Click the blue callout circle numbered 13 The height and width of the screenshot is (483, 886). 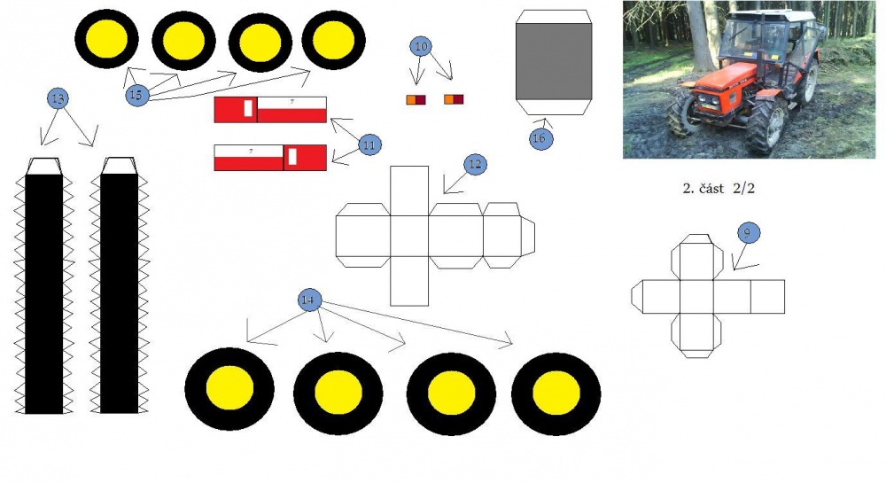[x=58, y=98]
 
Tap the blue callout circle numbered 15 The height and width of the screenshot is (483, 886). [x=136, y=94]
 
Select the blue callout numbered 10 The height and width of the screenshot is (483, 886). [x=421, y=46]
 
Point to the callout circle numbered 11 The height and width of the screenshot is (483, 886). [x=369, y=144]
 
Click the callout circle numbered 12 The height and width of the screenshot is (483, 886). [x=475, y=164]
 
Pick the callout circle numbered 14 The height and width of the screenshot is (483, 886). [x=309, y=300]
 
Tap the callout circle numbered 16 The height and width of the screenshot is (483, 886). [x=540, y=138]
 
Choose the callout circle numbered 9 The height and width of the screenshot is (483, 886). [x=749, y=232]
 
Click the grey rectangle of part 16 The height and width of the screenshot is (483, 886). [x=554, y=61]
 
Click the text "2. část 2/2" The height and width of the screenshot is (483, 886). [x=719, y=189]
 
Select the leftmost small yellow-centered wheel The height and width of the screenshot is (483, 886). [x=107, y=39]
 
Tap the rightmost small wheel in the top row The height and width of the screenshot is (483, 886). [x=333, y=40]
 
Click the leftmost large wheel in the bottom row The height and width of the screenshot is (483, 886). [x=229, y=389]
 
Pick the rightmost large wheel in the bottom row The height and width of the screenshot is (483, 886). [x=556, y=393]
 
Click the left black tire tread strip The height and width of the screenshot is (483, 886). [x=43, y=293]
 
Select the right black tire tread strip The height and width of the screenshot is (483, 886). [x=120, y=293]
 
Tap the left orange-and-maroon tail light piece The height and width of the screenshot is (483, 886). [x=416, y=100]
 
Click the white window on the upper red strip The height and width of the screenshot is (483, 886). [x=248, y=108]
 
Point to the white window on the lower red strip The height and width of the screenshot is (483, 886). [x=292, y=156]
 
